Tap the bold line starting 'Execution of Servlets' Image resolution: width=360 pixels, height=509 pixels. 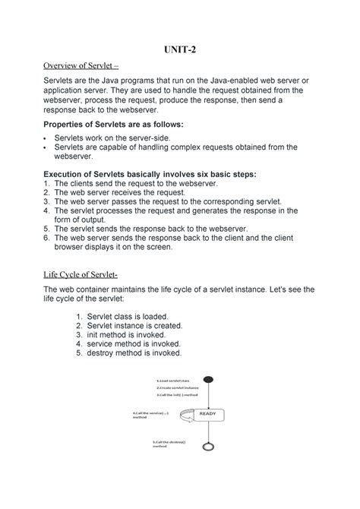[150, 174]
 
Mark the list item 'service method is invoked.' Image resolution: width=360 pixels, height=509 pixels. [137, 343]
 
